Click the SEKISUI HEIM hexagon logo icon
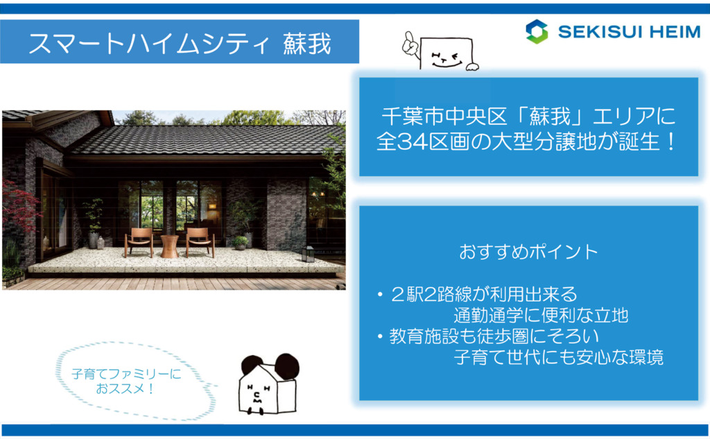(x=537, y=32)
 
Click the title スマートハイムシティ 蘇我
(x=180, y=44)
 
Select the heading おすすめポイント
(x=528, y=252)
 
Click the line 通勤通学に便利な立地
(x=541, y=315)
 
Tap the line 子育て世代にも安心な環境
(x=558, y=357)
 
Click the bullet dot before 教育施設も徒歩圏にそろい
(x=381, y=336)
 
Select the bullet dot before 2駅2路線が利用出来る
(x=381, y=295)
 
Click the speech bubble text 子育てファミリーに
(x=126, y=374)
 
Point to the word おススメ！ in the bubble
(x=125, y=388)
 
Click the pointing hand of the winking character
(x=410, y=44)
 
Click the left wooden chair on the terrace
(x=139, y=242)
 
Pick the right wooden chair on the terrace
(x=199, y=242)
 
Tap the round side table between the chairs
(x=169, y=246)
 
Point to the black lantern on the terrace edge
(x=308, y=254)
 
